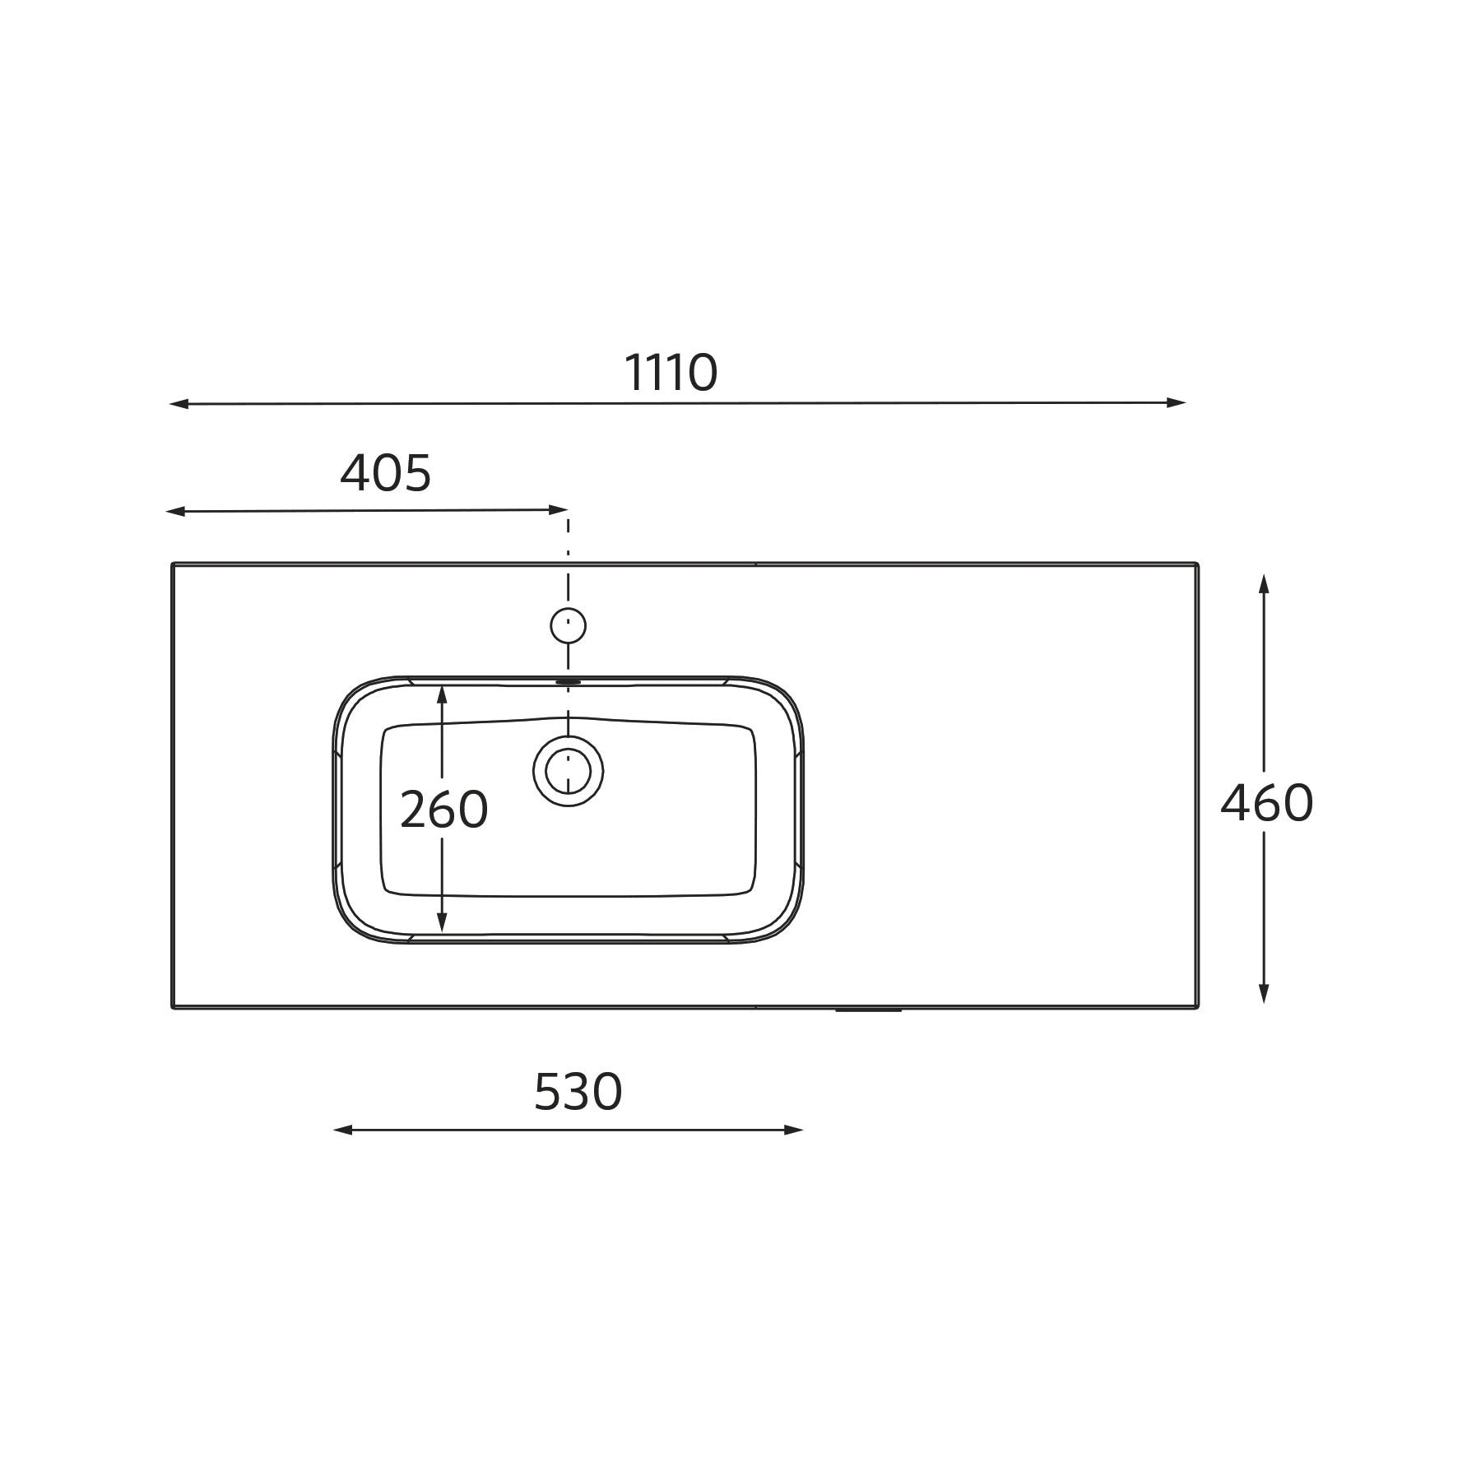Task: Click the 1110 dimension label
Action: [x=671, y=373]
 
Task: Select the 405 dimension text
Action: [x=386, y=474]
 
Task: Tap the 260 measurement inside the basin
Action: [x=443, y=810]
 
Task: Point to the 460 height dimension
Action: [x=1266, y=803]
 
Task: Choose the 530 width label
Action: [x=578, y=1093]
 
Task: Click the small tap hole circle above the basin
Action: [x=569, y=626]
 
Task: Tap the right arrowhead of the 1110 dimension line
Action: [x=1176, y=402]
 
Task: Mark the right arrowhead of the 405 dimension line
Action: [x=559, y=510]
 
